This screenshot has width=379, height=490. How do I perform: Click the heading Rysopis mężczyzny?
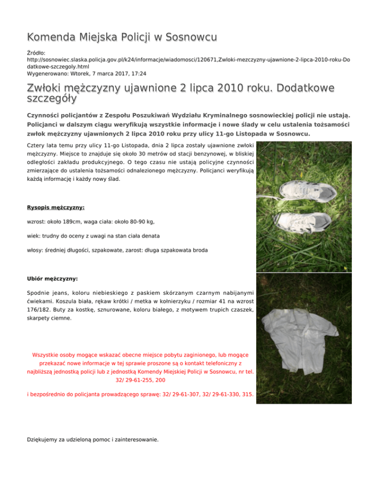click(x=55, y=208)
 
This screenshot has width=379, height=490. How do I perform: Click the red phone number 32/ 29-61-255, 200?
click(x=140, y=381)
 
